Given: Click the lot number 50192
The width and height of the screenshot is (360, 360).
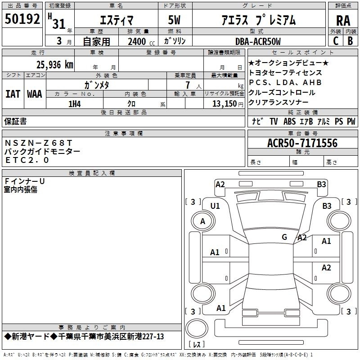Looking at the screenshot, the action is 22,19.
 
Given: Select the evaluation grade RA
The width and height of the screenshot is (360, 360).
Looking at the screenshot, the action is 343,21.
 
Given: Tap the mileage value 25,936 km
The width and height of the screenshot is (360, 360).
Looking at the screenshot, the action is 54,65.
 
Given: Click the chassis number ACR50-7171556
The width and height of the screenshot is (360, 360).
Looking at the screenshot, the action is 302,143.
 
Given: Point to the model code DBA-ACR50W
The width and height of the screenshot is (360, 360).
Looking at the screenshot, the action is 258,41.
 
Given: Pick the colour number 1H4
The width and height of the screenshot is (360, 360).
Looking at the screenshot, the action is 75,104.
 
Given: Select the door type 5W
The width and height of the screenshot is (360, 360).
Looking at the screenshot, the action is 174,20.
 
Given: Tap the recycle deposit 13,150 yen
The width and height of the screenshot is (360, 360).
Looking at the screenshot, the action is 228,104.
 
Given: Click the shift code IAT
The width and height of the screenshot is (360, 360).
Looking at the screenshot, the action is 13,94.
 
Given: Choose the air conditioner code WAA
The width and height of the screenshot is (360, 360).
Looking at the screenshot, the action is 35,94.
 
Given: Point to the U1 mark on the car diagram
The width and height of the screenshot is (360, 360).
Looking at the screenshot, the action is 215,206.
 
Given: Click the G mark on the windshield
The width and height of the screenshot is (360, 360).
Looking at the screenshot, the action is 284,237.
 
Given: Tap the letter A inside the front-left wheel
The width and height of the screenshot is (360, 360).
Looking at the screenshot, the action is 202,221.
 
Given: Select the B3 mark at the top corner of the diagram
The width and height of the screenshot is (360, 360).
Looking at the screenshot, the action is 321,184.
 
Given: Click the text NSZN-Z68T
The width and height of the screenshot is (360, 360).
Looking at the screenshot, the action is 38,143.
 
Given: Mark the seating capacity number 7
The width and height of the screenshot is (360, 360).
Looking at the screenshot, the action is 188,85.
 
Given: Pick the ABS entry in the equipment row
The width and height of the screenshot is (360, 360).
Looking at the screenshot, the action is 289,121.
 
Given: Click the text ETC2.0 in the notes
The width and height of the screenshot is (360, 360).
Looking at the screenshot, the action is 27,160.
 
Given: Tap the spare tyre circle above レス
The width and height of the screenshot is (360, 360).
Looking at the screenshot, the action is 197,328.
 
